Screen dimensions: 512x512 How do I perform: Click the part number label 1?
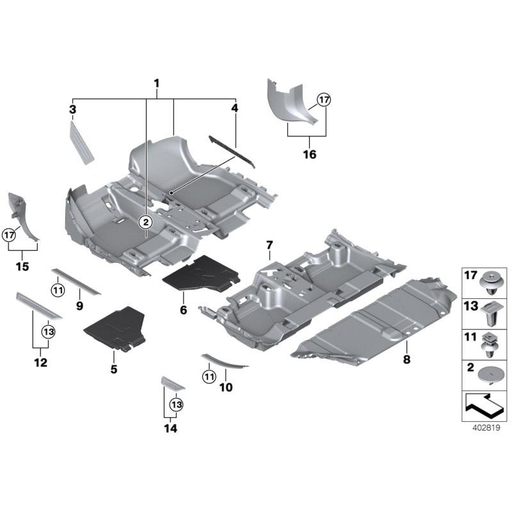point(156,84)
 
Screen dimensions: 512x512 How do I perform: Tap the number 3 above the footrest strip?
point(73,109)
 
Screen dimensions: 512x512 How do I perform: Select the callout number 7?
point(269,245)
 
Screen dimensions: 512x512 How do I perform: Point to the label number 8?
point(406,360)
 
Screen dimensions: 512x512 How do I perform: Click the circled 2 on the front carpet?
point(145,222)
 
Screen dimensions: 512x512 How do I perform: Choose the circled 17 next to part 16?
point(324,100)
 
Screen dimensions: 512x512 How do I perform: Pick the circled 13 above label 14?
point(175,404)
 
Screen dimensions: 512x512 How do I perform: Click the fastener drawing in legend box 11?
point(492,344)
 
